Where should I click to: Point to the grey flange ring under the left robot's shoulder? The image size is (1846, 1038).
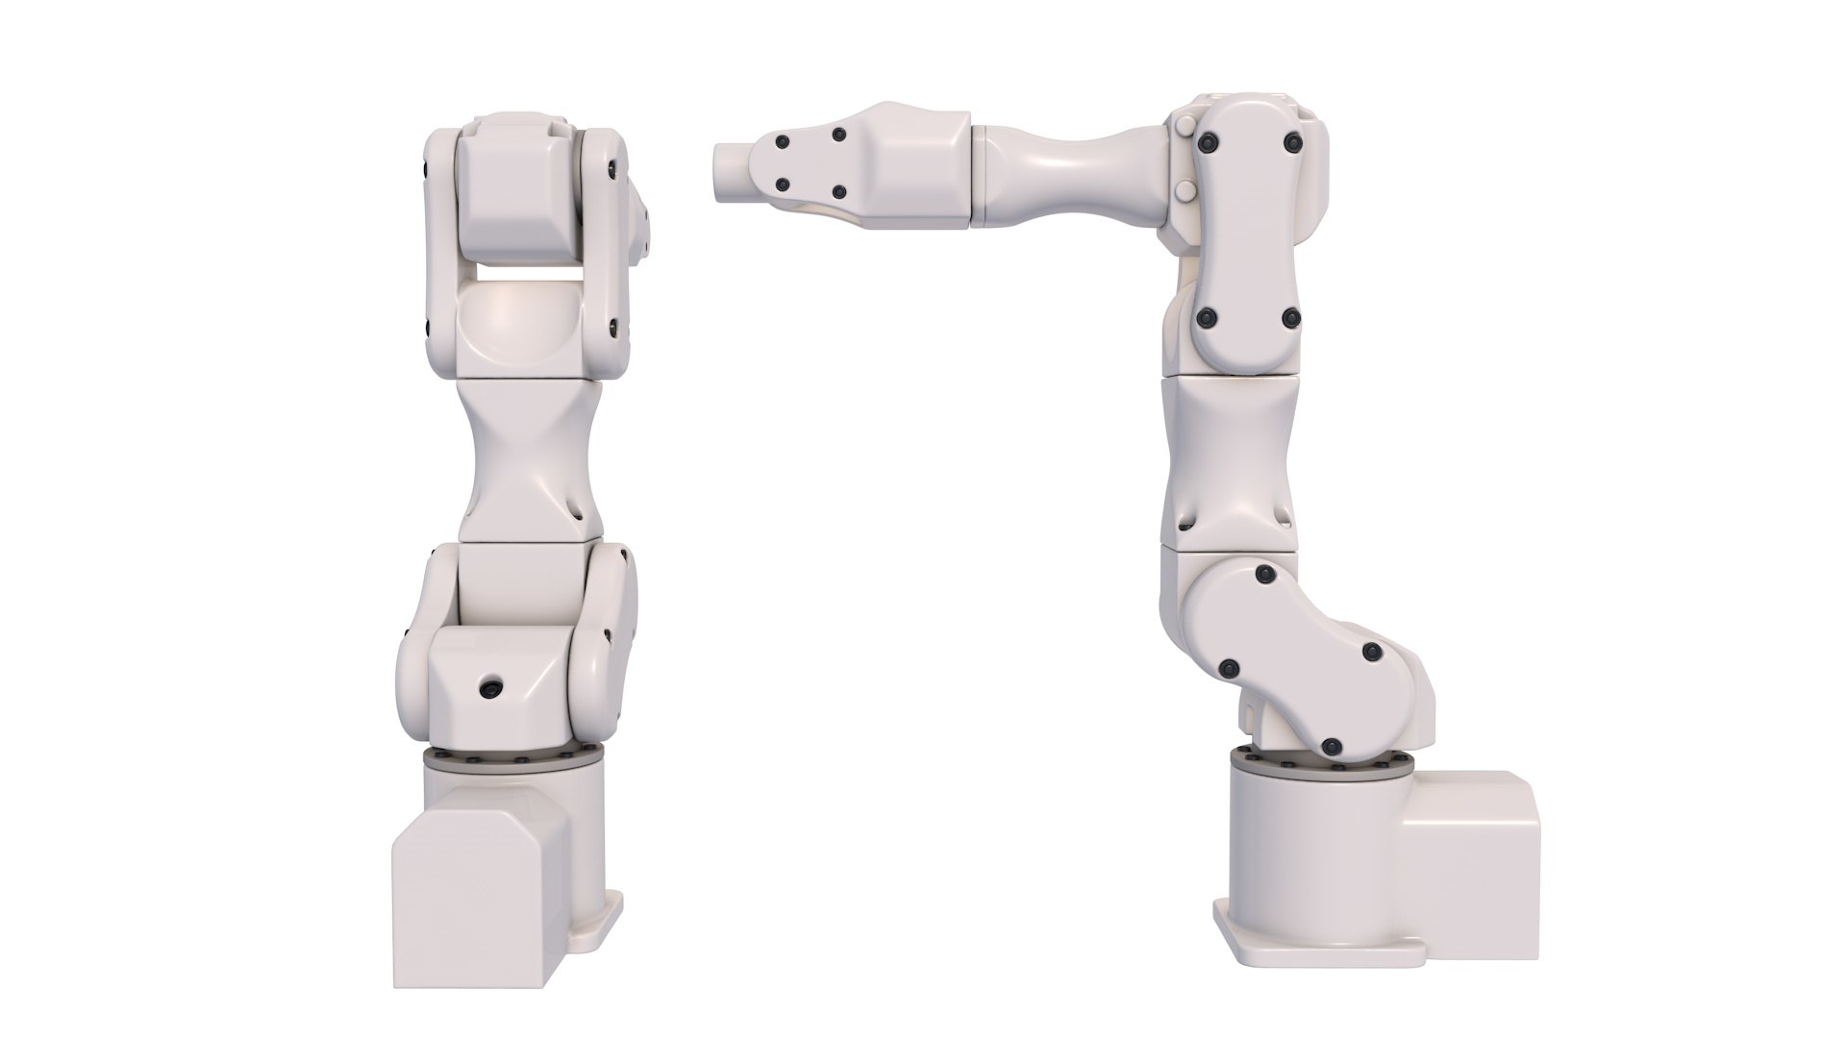tap(512, 759)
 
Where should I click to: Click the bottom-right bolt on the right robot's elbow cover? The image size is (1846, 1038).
tap(1291, 317)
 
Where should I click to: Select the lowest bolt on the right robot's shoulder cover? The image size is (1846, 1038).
tap(1331, 745)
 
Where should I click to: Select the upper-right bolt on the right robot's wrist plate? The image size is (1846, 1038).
tap(839, 136)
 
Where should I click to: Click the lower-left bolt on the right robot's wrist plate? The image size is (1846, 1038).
tap(783, 185)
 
